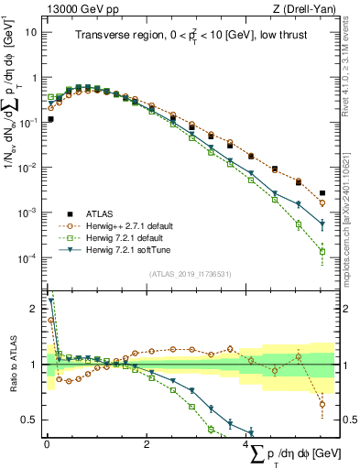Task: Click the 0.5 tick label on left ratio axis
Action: (x=29, y=420)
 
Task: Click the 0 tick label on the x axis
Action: (x=47, y=443)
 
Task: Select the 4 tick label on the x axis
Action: (x=247, y=443)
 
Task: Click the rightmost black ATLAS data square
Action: (x=322, y=193)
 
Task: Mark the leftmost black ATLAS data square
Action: (x=50, y=119)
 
